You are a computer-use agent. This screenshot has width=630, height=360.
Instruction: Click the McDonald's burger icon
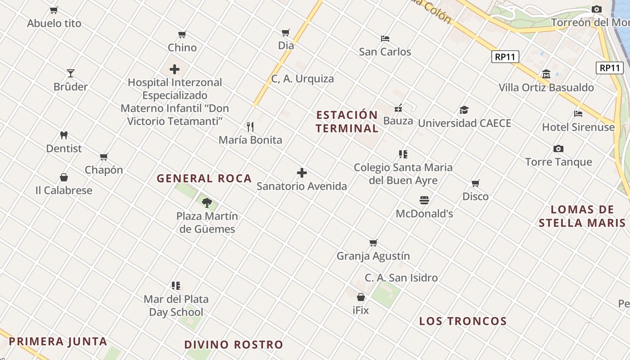[x=424, y=200]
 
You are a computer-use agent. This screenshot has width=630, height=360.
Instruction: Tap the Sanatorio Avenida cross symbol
[x=302, y=173]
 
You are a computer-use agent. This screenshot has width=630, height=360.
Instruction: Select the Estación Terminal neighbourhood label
[x=347, y=121]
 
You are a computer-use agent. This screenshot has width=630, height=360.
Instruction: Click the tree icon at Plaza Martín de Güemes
[x=207, y=202]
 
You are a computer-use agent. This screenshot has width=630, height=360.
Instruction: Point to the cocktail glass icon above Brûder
[x=71, y=73]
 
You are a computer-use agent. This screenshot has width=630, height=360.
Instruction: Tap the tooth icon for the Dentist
[x=64, y=135]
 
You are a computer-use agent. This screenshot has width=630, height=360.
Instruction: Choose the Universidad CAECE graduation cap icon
[x=464, y=110]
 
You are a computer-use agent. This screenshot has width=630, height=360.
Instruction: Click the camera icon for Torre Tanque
[x=558, y=148]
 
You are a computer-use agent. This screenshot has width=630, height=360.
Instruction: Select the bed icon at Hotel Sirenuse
[x=578, y=114]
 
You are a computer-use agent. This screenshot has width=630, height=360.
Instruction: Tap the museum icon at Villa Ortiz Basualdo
[x=546, y=74]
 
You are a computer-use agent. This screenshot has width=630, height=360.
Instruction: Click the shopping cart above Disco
[x=476, y=183]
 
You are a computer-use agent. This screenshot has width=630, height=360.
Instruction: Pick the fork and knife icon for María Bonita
[x=250, y=126]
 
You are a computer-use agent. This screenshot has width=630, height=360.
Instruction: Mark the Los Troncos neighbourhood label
[x=463, y=321]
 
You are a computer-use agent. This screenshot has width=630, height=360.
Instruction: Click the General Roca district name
[x=204, y=179]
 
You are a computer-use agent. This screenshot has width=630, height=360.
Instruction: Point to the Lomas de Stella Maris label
[x=582, y=216]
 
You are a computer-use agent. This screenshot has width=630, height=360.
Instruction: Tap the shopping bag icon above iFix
[x=361, y=297]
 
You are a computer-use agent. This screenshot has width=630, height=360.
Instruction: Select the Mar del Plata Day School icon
[x=176, y=285]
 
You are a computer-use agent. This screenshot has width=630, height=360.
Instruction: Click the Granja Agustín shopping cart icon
[x=373, y=243]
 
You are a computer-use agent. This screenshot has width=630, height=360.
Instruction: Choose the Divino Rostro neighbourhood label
[x=234, y=345]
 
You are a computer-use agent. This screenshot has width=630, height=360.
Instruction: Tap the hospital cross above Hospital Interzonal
[x=175, y=69]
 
